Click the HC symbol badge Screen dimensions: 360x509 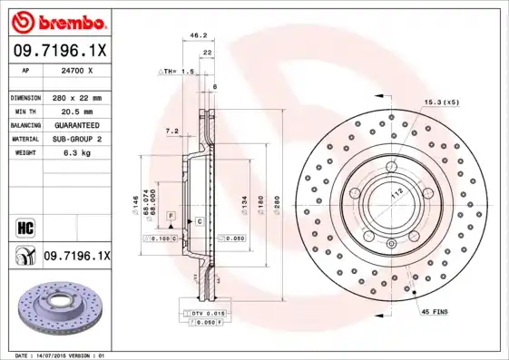point(24,227)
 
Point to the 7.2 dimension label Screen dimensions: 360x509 point(171,131)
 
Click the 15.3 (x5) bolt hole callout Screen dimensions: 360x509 point(441,102)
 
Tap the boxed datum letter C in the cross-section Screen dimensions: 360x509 point(199,221)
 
